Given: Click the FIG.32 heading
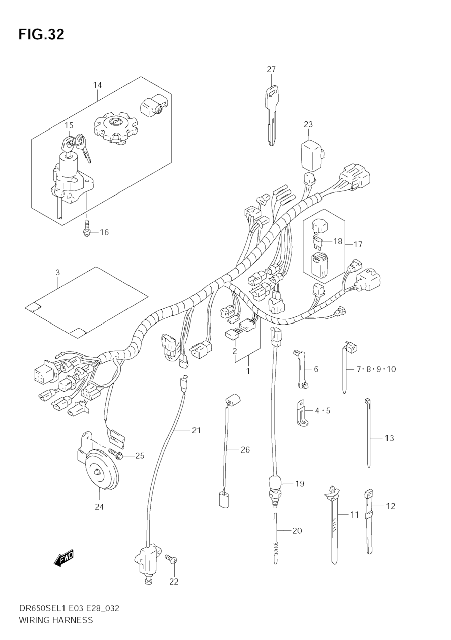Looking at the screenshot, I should [41, 35].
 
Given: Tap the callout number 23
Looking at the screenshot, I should [308, 124].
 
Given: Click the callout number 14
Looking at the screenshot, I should [97, 85].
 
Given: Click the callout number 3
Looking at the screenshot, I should [58, 273].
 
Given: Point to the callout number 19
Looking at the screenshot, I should [299, 484].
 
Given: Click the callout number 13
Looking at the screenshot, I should [389, 438].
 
